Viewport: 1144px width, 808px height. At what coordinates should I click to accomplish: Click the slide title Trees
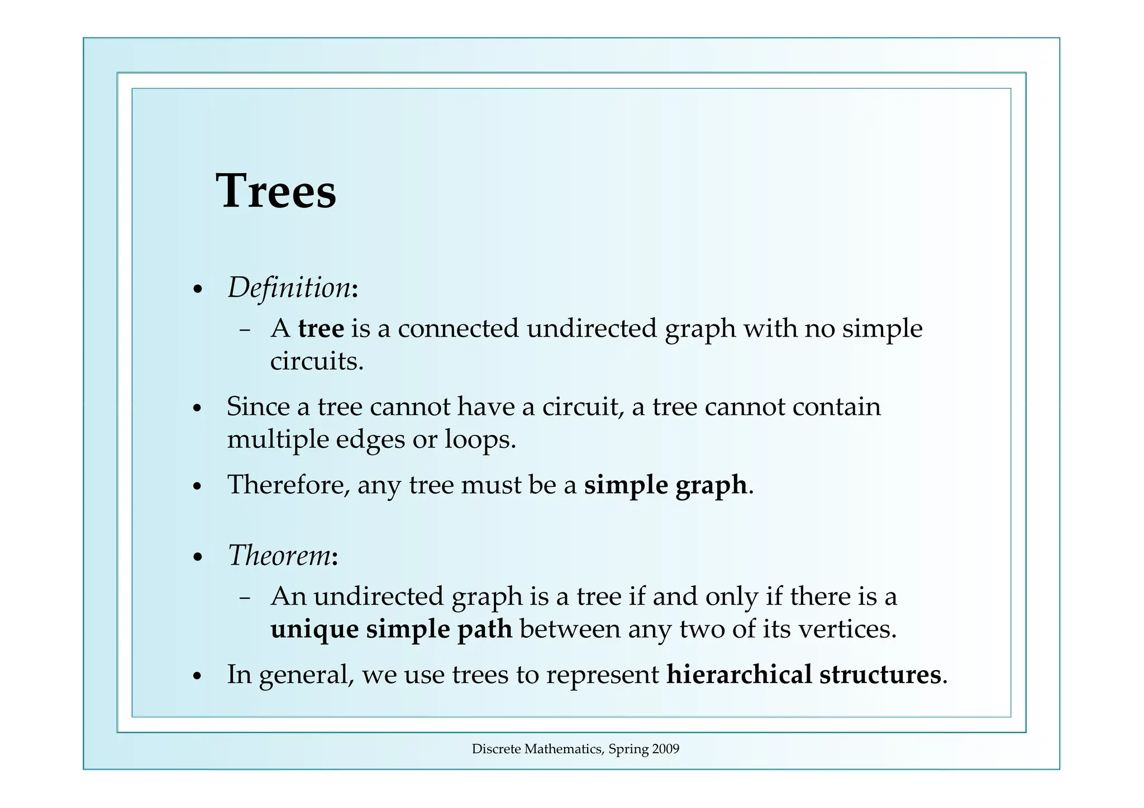click(276, 191)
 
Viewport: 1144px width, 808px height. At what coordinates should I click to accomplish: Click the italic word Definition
click(289, 288)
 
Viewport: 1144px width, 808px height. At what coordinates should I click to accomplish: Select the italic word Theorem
click(280, 556)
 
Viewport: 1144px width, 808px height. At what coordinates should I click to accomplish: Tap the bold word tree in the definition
click(321, 328)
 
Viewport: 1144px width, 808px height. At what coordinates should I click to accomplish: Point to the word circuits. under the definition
click(317, 361)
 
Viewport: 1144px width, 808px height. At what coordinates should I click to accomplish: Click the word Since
click(258, 407)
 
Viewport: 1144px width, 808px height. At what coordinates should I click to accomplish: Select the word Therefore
click(288, 485)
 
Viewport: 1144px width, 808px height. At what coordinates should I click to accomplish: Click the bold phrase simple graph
click(665, 485)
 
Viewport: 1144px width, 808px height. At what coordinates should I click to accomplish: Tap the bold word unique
click(314, 629)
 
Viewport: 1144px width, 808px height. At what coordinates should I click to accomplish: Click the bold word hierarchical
click(739, 675)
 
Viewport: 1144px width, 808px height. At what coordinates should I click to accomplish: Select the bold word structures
click(880, 675)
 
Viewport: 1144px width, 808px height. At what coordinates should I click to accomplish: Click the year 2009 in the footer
click(665, 749)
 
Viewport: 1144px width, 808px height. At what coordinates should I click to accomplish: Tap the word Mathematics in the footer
click(564, 749)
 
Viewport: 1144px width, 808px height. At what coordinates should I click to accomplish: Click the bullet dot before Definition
click(197, 290)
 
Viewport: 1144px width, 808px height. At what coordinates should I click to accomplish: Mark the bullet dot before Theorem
click(197, 558)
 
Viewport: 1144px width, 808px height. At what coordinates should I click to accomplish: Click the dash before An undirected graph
click(244, 597)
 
